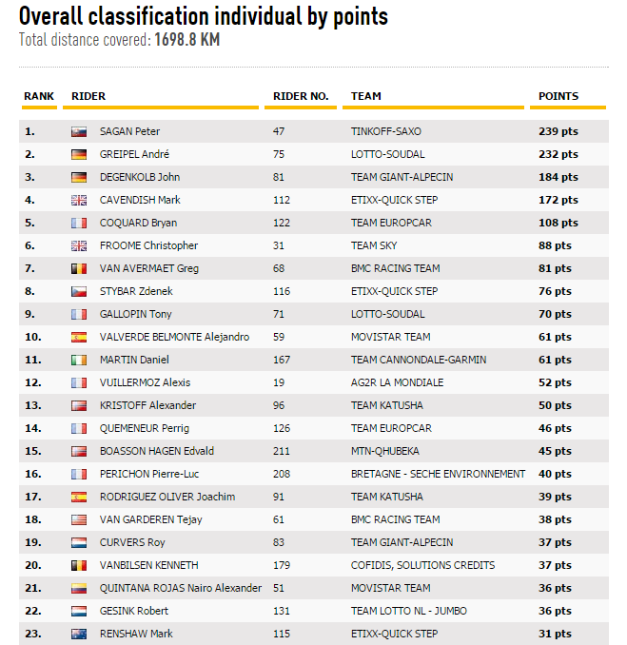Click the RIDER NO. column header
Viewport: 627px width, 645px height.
(x=301, y=96)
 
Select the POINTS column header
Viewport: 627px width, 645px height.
(x=558, y=96)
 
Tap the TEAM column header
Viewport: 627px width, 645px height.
(x=366, y=96)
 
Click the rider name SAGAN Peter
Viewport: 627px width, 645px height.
(x=129, y=131)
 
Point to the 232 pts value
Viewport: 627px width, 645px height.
(x=558, y=154)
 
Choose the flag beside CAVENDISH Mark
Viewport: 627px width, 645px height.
(x=79, y=200)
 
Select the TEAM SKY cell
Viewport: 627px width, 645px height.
(x=374, y=245)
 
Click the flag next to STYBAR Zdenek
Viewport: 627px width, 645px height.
(x=79, y=291)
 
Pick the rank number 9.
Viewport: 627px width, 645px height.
(x=29, y=314)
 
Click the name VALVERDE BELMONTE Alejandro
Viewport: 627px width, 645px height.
(x=174, y=337)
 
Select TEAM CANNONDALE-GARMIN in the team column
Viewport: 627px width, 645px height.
(x=419, y=360)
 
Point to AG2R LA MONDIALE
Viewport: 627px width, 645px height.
(x=397, y=382)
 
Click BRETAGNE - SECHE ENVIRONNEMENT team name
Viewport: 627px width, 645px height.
(x=438, y=474)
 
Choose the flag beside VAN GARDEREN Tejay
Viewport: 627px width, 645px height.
(x=79, y=519)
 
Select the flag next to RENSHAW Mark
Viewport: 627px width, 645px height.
(x=79, y=634)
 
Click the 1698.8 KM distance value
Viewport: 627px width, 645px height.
(x=187, y=40)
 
